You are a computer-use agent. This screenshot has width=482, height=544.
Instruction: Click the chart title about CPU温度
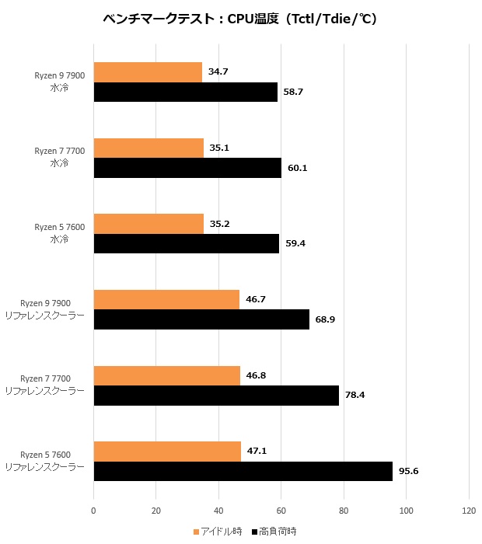[240, 19]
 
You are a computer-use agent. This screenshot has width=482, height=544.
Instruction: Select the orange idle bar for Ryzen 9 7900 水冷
[148, 72]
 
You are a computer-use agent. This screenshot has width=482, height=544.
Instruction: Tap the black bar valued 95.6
[243, 471]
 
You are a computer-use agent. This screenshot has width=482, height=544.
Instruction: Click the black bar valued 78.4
[216, 395]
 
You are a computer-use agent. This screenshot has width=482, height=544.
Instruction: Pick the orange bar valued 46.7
[166, 299]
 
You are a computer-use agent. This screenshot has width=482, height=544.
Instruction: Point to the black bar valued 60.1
[187, 167]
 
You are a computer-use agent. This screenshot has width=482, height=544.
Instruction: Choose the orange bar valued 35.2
[148, 224]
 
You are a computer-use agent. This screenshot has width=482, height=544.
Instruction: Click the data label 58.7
[294, 92]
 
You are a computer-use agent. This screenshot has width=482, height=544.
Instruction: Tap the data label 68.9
[325, 319]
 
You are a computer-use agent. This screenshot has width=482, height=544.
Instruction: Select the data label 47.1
[257, 452]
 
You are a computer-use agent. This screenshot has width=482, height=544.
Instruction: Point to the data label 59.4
[295, 243]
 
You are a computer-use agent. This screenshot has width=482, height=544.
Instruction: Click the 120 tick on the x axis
[468, 511]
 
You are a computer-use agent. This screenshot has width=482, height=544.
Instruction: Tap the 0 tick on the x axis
[93, 511]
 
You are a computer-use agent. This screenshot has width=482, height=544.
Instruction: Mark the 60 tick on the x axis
[281, 511]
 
